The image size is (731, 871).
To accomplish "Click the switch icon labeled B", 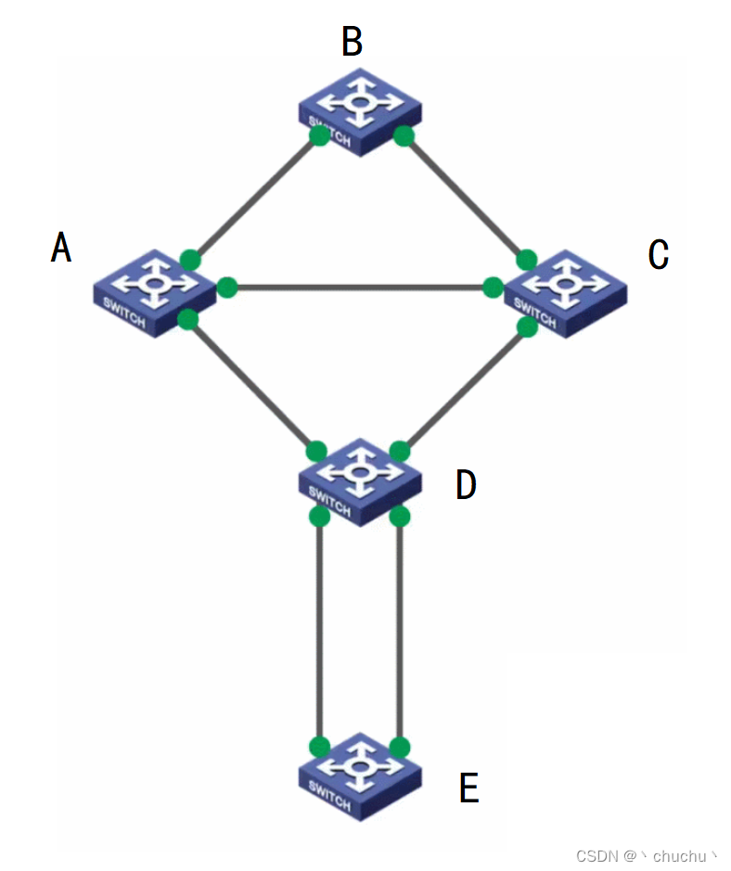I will pyautogui.click(x=360, y=111).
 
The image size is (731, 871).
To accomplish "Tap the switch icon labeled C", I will pyautogui.click(x=564, y=291).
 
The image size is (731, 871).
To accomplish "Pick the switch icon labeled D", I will pyautogui.click(x=360, y=481).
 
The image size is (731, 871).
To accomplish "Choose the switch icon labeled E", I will pyautogui.click(x=360, y=775).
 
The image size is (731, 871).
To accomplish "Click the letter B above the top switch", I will pyautogui.click(x=353, y=42).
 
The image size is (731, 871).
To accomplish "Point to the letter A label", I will pyautogui.click(x=61, y=248).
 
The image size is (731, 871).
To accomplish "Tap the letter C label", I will pyautogui.click(x=659, y=254).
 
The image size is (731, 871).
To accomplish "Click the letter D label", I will pyautogui.click(x=466, y=484).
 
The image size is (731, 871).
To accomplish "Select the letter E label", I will pyautogui.click(x=469, y=788).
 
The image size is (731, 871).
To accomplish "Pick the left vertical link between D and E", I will pyautogui.click(x=319, y=631).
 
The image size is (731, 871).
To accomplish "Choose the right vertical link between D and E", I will pyautogui.click(x=400, y=631).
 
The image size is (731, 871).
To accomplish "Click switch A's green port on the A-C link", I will pyautogui.click(x=227, y=288).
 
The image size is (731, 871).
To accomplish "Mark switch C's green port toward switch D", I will pyautogui.click(x=528, y=327).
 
